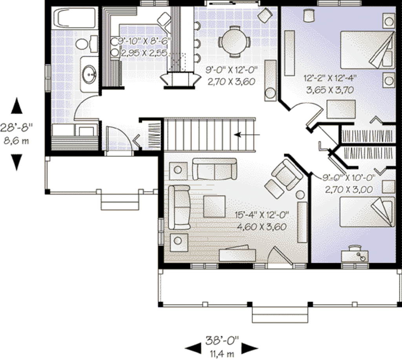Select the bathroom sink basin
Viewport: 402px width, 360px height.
pos(90,74)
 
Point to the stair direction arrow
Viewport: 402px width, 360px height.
pos(247,135)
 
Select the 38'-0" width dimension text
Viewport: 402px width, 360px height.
pos(222,340)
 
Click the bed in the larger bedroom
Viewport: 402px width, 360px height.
pos(367,50)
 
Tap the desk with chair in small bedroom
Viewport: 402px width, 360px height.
pos(355,255)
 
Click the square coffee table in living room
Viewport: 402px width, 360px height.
pos(214,206)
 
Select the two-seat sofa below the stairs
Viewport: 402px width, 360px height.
pos(214,169)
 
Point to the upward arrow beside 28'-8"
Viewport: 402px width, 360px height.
pos(16,106)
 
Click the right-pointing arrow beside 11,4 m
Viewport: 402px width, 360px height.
pos(249,347)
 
